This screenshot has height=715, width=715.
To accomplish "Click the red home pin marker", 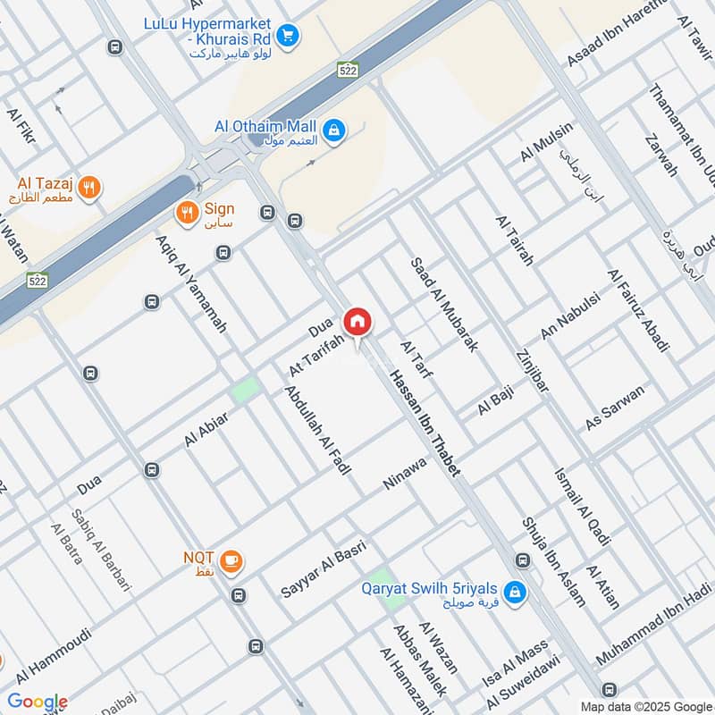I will (x=357, y=322).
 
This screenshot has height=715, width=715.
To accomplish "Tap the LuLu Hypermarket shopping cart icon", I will (x=287, y=36).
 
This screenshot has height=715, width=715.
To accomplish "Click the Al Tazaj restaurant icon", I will (x=88, y=188).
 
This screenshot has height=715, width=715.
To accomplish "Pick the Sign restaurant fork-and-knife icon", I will (x=186, y=213).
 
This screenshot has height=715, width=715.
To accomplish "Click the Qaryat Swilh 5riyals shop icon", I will (x=514, y=591).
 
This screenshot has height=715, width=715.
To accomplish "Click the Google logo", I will (x=38, y=702).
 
